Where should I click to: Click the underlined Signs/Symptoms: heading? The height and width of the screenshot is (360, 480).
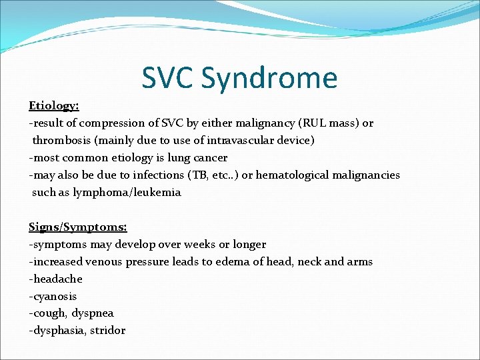click(x=73, y=227)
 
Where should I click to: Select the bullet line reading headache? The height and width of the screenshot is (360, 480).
click(x=56, y=279)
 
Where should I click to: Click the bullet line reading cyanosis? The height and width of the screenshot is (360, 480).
click(x=53, y=297)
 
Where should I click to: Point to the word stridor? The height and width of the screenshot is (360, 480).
click(x=107, y=331)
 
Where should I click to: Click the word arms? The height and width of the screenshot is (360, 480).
click(x=360, y=262)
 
